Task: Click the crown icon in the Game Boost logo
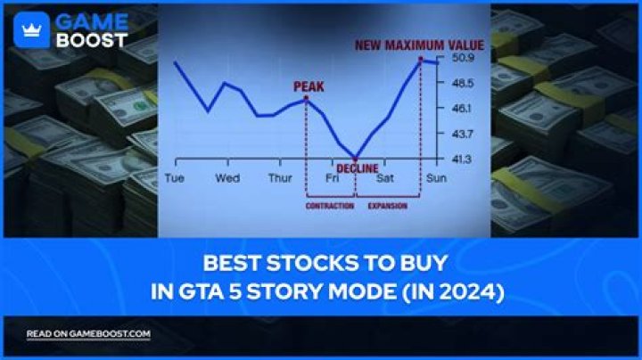coord(31,30)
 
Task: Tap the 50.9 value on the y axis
coord(463,58)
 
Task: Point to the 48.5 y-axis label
coord(463,83)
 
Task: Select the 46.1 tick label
coord(462,109)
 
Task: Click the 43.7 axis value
coord(463,134)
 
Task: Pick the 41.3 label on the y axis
coord(462,159)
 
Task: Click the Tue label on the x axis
coord(175,178)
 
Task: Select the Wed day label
coord(227,178)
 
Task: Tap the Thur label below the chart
coord(281,178)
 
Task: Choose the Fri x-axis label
coord(332,178)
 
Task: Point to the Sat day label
coord(385,178)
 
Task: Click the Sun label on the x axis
coord(436,178)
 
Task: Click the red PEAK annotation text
coord(309,86)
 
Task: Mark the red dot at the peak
coord(306,98)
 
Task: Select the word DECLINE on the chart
coord(357,168)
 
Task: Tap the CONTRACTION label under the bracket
coord(330,206)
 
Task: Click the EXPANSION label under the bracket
coord(387,206)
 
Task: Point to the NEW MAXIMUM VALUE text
coord(419,45)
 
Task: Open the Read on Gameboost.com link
coord(88,334)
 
